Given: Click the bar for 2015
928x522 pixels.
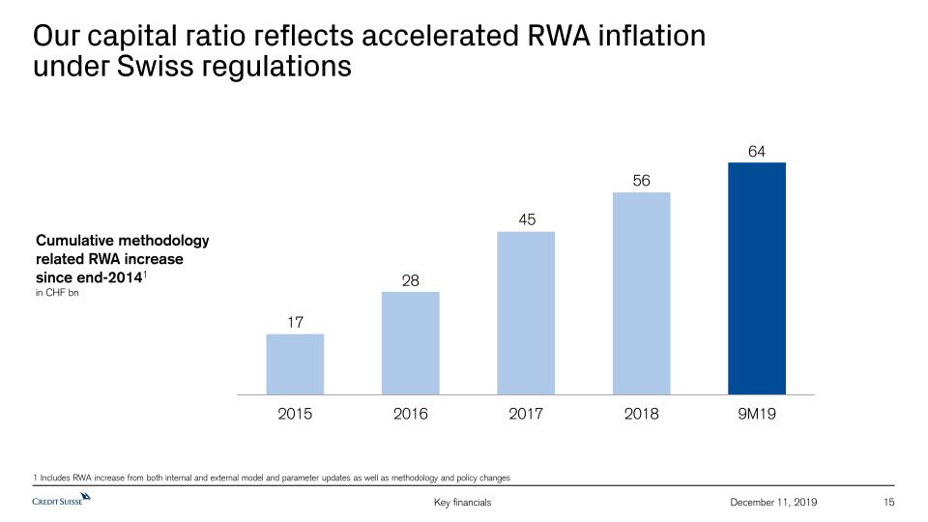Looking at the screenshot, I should tap(295, 364).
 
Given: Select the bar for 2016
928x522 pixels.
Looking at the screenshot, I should tap(411, 343).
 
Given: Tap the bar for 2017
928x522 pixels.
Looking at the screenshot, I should tap(526, 313).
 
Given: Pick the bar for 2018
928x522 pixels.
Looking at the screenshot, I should tap(642, 293).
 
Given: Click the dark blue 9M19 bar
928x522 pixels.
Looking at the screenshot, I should tap(757, 278).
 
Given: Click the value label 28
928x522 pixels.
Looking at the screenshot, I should tap(411, 280).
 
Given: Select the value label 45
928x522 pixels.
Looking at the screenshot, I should tap(527, 219).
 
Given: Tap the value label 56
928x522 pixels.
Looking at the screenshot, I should tap(642, 181).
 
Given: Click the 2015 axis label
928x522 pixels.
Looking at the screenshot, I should tap(295, 414).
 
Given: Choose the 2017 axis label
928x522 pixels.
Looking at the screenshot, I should tap(526, 414).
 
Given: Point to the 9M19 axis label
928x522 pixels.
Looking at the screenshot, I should tap(757, 414).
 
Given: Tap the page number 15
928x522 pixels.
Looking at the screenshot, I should tap(890, 502).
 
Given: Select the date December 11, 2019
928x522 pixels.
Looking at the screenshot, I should tap(774, 502).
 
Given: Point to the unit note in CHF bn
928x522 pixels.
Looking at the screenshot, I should tap(56, 292).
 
